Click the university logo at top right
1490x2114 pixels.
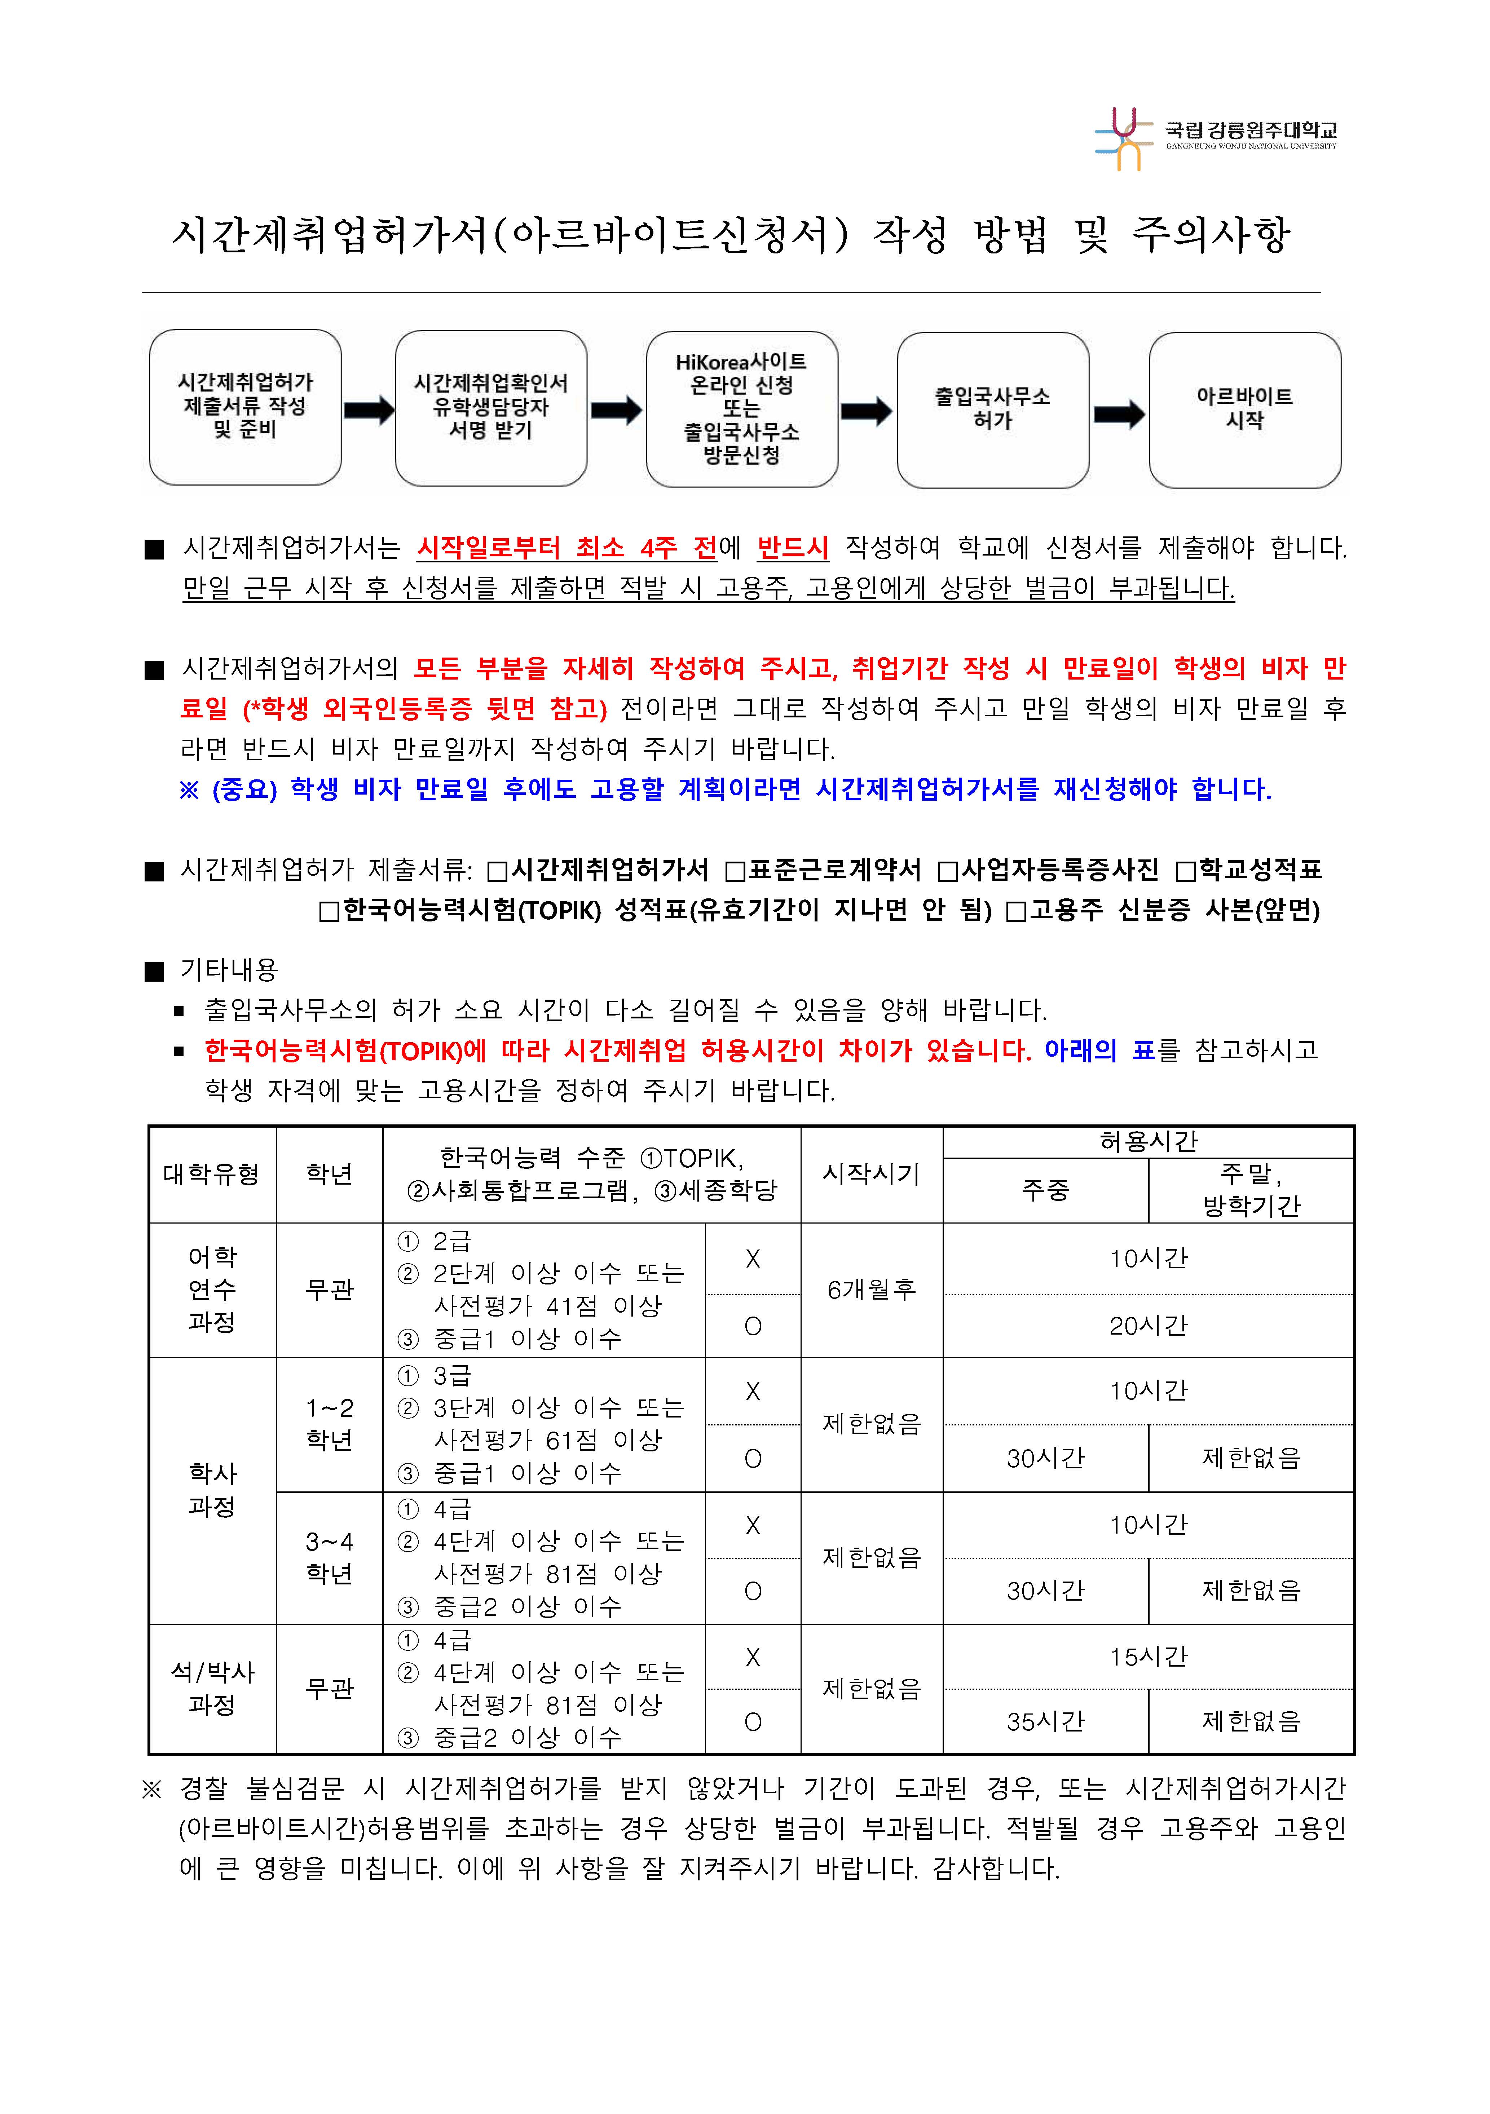tap(1216, 138)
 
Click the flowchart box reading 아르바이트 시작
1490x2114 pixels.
tap(1244, 410)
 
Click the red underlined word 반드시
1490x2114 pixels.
tap(792, 548)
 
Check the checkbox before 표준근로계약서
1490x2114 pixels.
tap(735, 870)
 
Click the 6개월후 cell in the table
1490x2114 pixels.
tap(871, 1290)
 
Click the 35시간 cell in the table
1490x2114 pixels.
tap(1045, 1722)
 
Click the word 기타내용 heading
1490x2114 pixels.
tap(228, 969)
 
